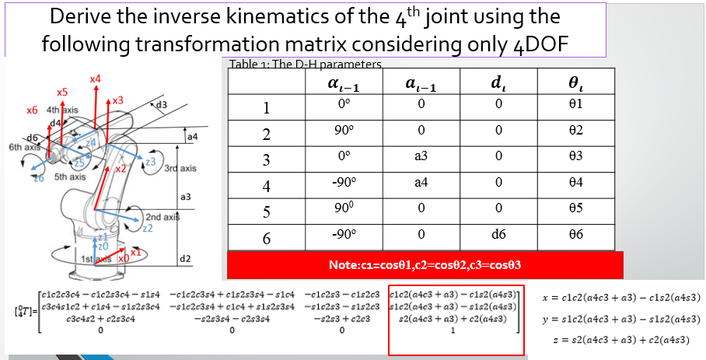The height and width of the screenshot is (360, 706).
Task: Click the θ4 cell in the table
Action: (576, 187)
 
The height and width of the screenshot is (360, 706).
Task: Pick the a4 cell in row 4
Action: (421, 187)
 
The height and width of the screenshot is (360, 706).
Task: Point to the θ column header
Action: (576, 83)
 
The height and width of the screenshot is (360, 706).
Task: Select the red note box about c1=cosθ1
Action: (425, 265)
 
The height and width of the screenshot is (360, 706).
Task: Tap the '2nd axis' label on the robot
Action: (163, 217)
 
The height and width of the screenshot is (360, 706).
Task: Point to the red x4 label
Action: (95, 79)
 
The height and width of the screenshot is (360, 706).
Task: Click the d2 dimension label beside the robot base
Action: (185, 257)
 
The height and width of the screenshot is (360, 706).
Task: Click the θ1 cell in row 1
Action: (576, 104)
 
